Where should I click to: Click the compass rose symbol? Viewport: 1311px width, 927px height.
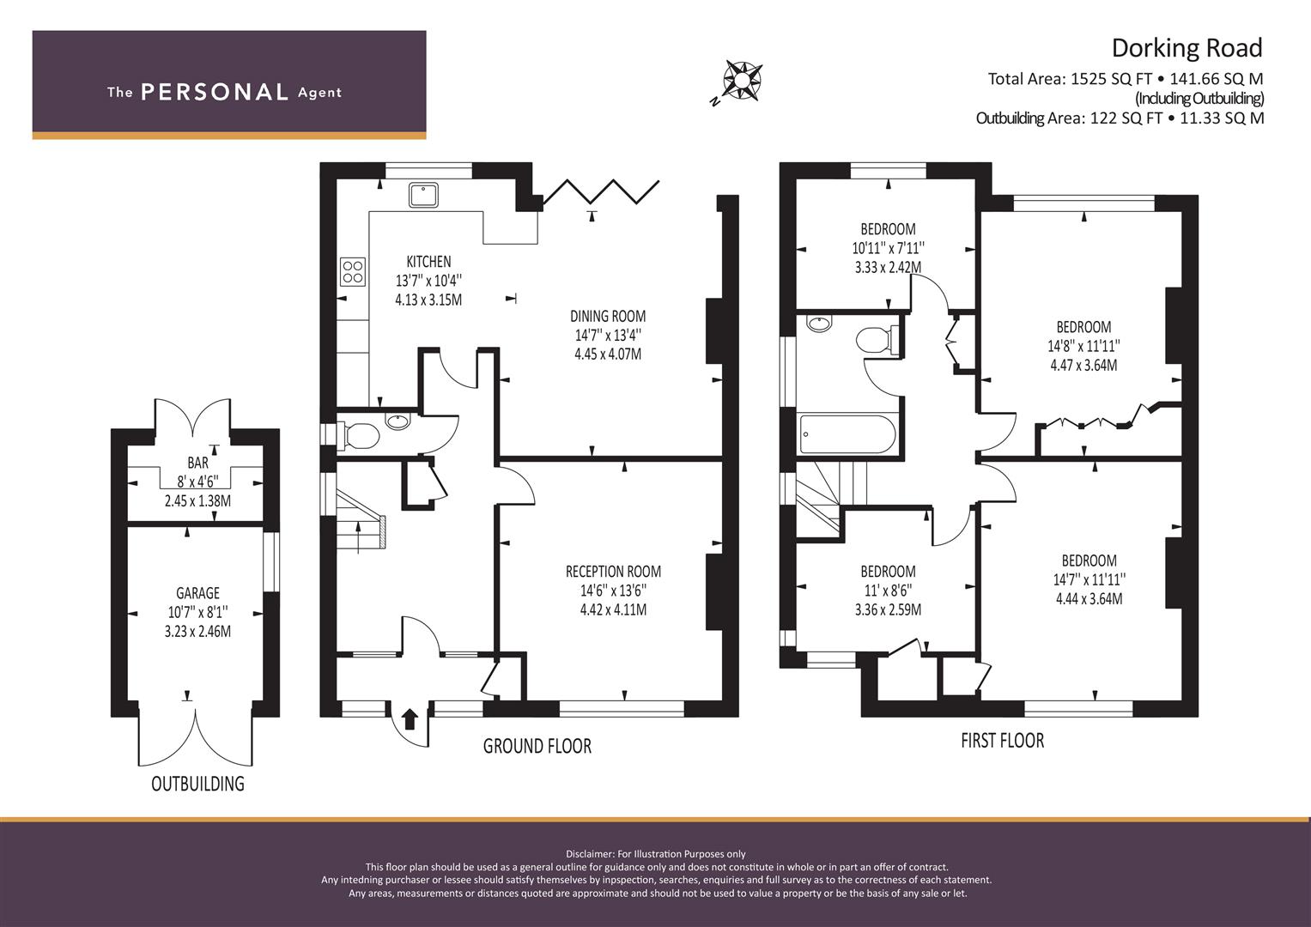click(743, 79)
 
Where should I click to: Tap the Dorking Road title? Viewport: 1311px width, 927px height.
click(1187, 48)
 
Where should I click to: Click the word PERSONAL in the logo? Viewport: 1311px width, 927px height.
click(215, 92)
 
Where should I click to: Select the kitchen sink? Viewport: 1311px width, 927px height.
click(423, 195)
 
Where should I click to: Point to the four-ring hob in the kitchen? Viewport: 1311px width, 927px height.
click(352, 272)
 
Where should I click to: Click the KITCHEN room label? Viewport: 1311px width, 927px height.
click(429, 262)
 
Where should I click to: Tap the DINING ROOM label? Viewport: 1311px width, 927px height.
click(608, 317)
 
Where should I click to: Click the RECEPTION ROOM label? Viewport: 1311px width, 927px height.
click(613, 572)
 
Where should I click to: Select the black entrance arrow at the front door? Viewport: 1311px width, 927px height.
click(410, 719)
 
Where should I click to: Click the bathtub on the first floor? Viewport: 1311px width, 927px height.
click(847, 433)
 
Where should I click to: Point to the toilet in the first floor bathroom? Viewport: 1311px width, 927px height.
click(877, 339)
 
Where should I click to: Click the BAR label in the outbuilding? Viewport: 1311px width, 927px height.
click(197, 463)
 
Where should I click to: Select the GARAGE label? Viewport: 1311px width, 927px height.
click(197, 593)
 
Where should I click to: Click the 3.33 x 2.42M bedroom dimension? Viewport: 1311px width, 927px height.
click(888, 268)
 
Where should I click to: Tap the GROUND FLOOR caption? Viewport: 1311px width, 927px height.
click(537, 746)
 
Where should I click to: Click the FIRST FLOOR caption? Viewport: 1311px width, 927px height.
click(1003, 741)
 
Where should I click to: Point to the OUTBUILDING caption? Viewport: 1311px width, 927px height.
click(197, 784)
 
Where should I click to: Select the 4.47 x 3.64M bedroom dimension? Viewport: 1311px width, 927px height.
click(1084, 365)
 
